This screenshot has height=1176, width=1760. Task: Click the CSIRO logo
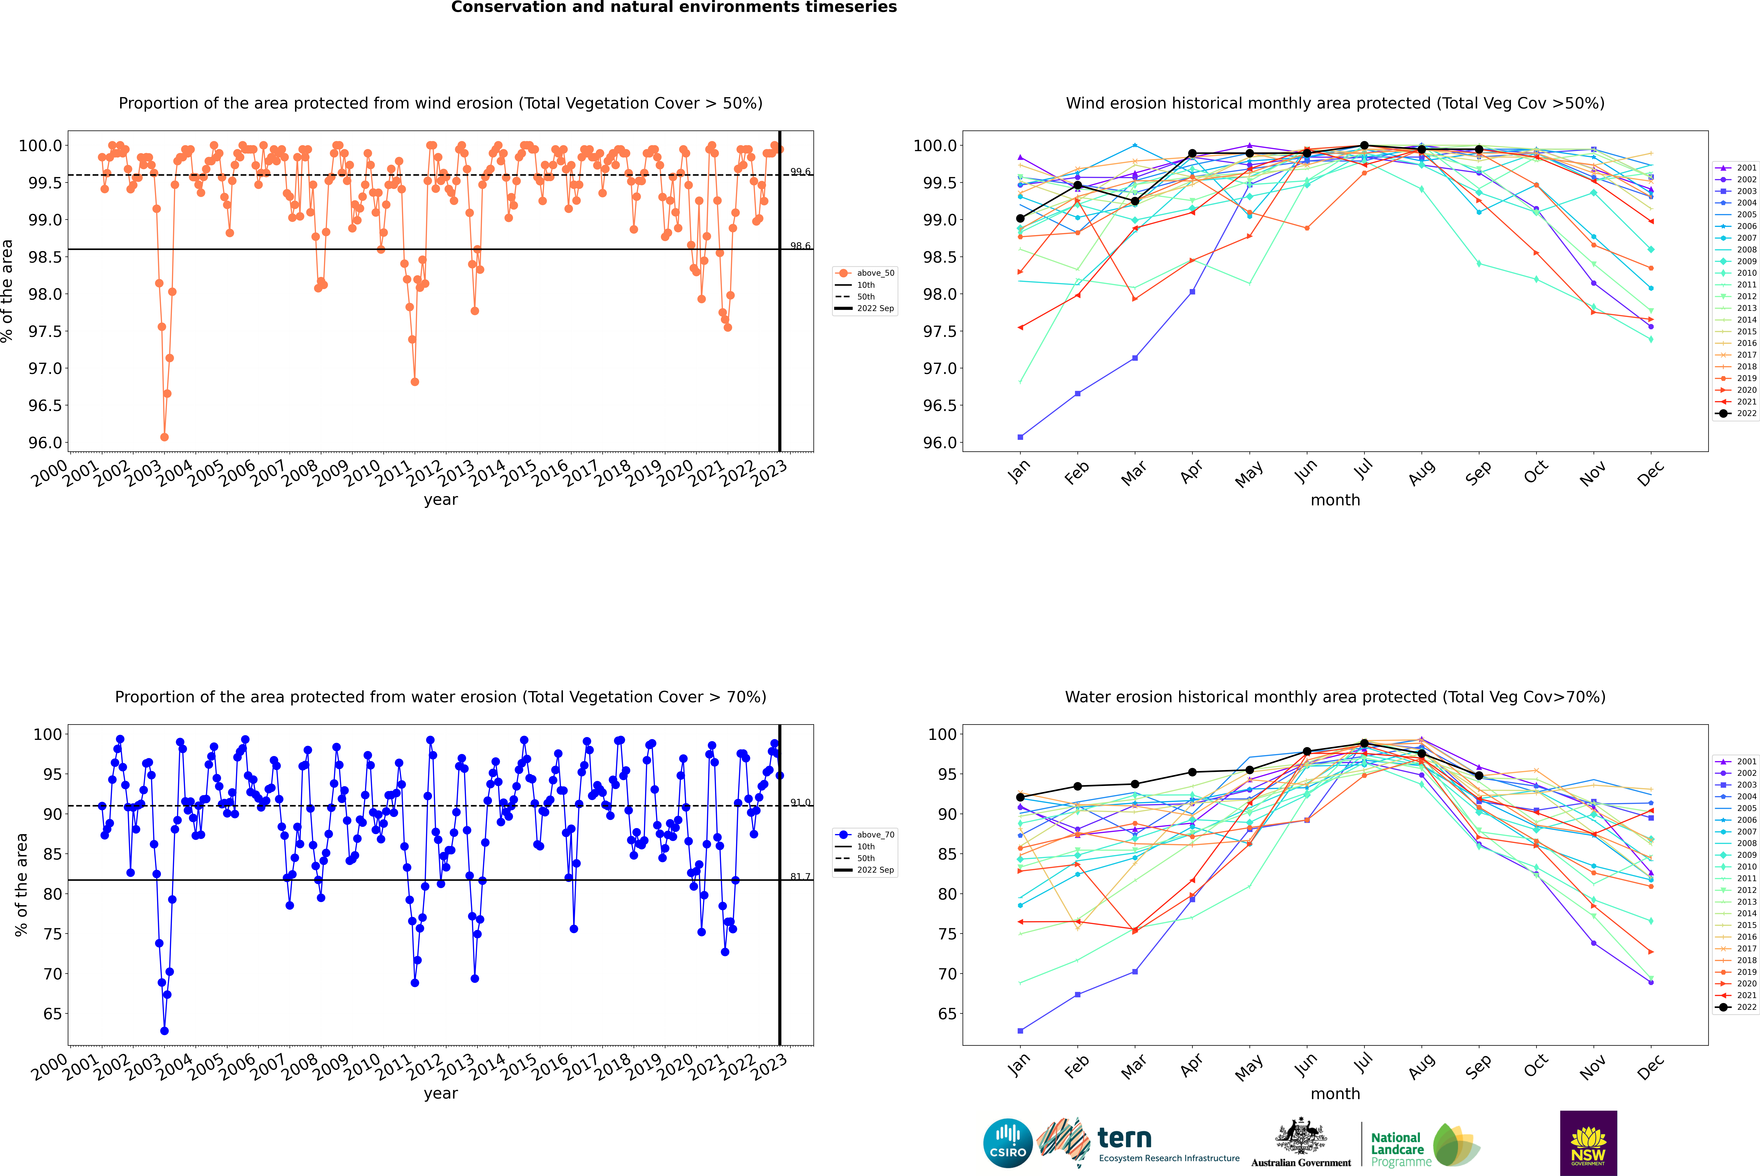(1008, 1143)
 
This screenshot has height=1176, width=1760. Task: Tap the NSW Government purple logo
(1588, 1143)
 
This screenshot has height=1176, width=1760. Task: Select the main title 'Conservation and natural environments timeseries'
(674, 7)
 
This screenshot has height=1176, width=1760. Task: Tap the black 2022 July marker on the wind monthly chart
(1364, 146)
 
